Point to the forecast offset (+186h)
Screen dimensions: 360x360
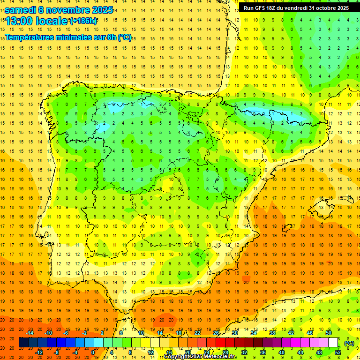click(x=83, y=21)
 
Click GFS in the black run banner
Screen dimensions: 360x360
click(x=260, y=8)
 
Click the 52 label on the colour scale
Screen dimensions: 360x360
click(x=338, y=352)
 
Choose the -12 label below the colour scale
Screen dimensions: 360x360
click(x=39, y=352)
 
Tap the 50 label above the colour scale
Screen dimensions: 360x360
click(x=329, y=333)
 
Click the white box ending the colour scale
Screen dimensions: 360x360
click(x=333, y=343)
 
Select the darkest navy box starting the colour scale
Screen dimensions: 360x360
click(x=24, y=343)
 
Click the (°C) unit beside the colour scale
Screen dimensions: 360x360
click(x=349, y=343)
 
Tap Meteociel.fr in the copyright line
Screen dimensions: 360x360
click(x=220, y=357)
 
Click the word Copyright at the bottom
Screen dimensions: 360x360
click(x=177, y=357)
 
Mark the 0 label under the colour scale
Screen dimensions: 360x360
click(x=92, y=352)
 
